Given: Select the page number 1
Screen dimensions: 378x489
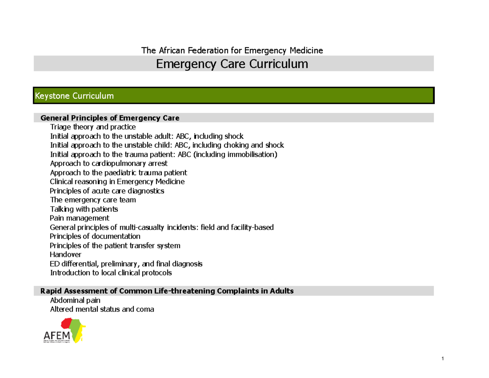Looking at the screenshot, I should [x=442, y=359].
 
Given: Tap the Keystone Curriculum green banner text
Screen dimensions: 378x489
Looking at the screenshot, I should [x=74, y=96].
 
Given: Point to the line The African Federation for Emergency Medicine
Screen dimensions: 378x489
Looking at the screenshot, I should [x=232, y=51].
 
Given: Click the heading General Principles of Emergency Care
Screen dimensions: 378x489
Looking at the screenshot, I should [x=110, y=118].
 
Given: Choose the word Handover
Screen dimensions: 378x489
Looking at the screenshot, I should [x=65, y=255].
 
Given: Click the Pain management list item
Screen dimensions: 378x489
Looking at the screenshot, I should [x=79, y=218].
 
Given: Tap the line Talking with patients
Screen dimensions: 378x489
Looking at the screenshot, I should [x=84, y=209].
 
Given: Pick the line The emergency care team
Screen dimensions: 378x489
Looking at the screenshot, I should [x=93, y=200].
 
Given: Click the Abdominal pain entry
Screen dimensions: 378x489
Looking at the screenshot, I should [x=75, y=300].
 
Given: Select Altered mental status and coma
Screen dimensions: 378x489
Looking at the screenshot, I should [x=102, y=309].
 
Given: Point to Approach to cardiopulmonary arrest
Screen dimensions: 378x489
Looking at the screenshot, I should [x=108, y=164].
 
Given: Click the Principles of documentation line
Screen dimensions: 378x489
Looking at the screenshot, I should [x=95, y=237].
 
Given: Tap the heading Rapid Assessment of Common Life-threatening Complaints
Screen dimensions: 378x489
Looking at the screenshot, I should [x=166, y=291].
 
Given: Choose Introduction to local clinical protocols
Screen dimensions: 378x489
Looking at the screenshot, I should [x=111, y=273].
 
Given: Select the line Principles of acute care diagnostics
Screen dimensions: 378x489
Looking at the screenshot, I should [x=107, y=191].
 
